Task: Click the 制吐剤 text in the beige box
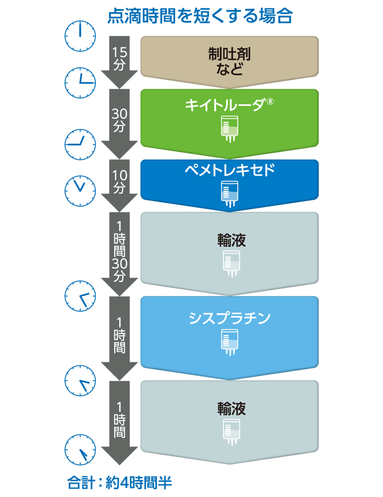click(229, 54)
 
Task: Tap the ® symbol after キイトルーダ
click(270, 101)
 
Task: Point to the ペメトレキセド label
click(230, 170)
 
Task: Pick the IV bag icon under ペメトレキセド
click(229, 193)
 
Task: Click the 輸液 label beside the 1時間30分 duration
click(231, 240)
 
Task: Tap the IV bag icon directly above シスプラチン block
click(231, 263)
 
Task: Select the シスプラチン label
click(230, 318)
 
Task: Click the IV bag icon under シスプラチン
click(229, 341)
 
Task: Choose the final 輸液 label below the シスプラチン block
click(231, 409)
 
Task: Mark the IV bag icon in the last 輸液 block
click(231, 431)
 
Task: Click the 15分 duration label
click(119, 58)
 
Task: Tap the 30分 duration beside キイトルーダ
click(119, 120)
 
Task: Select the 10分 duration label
click(119, 182)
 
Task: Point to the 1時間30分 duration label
click(119, 251)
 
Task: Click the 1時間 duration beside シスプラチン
click(119, 335)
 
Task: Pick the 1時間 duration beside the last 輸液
click(119, 419)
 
